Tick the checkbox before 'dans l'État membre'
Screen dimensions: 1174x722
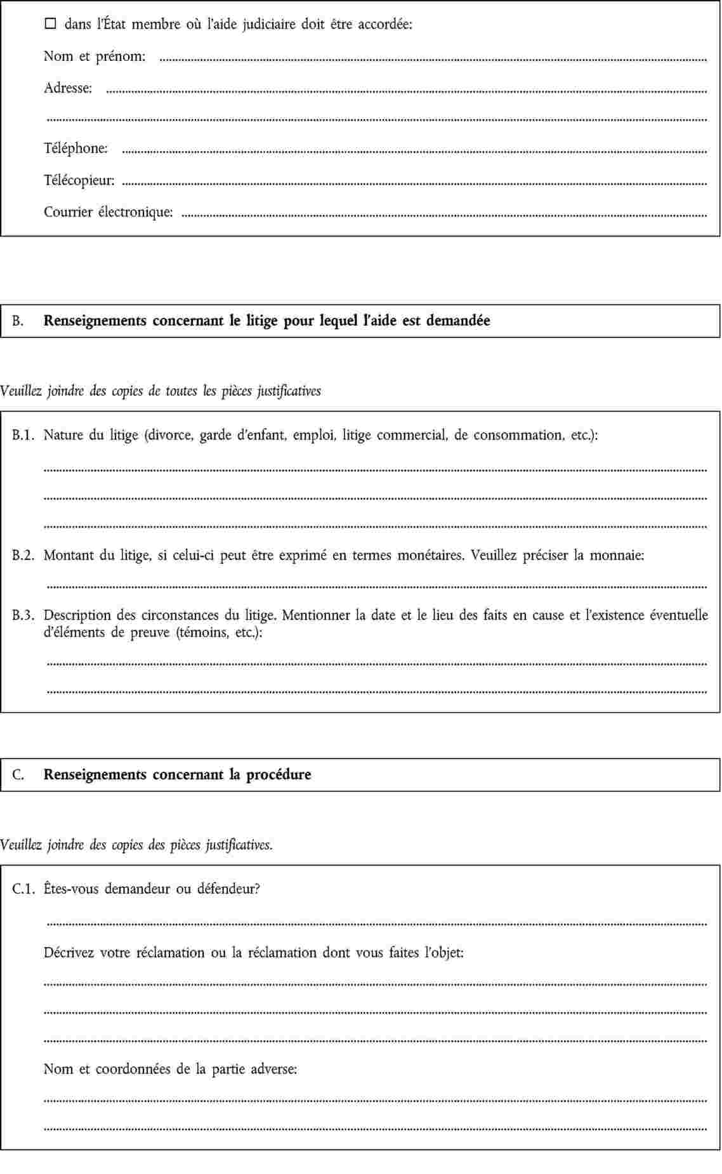tap(51, 25)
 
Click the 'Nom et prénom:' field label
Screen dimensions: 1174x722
tap(95, 56)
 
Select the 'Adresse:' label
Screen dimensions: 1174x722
tap(68, 88)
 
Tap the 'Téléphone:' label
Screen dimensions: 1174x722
tap(75, 148)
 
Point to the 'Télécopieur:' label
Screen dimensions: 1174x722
tap(79, 180)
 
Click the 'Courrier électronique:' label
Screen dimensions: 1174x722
tap(108, 212)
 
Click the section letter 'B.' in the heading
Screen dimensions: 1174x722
tap(18, 321)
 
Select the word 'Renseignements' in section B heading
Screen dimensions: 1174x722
tap(95, 321)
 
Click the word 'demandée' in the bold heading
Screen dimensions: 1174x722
tap(458, 320)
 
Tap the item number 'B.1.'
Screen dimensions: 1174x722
tap(23, 435)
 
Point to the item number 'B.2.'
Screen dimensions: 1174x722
tap(23, 556)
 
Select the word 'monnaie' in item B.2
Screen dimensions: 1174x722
tap(617, 556)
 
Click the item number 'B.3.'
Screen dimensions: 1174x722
tap(23, 615)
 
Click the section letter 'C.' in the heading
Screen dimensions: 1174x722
tap(18, 774)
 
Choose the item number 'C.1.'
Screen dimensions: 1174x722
tap(23, 889)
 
